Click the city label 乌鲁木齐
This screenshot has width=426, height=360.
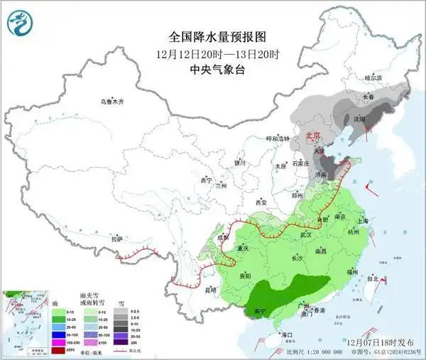coord(111,102)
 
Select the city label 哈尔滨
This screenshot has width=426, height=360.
coord(373,77)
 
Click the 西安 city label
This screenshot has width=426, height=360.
coord(261,202)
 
